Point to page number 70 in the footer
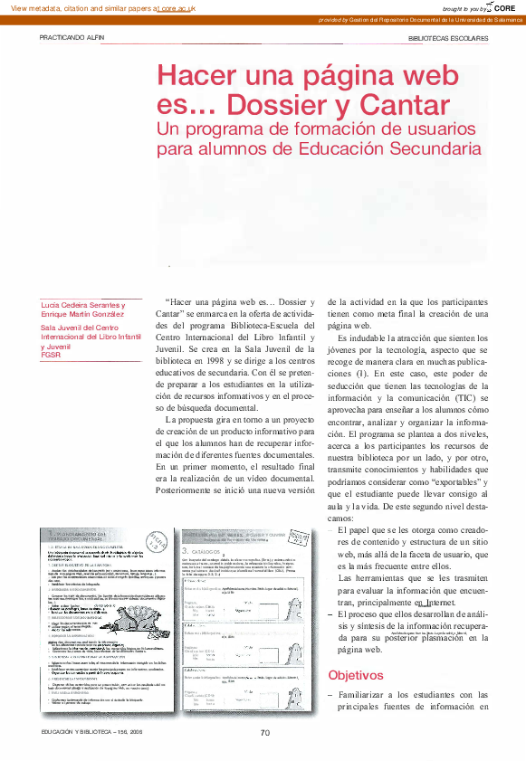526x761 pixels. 265,733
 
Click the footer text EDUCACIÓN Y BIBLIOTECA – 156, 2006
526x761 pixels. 91,732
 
